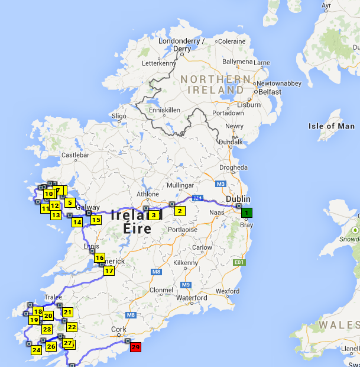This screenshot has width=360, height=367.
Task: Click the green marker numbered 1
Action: tap(247, 213)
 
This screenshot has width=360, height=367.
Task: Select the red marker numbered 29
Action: tap(135, 347)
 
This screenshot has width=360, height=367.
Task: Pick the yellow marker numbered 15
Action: tap(96, 220)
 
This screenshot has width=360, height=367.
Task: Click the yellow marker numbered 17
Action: tap(109, 271)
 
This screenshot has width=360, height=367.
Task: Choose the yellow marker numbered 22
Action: tap(72, 327)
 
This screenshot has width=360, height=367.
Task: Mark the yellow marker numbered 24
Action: tap(37, 350)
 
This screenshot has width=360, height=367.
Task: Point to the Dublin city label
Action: tap(239, 199)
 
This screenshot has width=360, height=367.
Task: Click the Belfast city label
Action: tap(270, 92)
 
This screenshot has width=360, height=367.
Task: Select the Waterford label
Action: tap(192, 298)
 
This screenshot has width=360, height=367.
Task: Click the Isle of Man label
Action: tap(332, 126)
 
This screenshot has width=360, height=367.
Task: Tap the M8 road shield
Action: tap(156, 272)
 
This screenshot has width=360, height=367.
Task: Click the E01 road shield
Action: tap(239, 262)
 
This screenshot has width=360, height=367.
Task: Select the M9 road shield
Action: tap(186, 285)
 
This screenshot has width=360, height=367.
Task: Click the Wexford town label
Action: tap(227, 291)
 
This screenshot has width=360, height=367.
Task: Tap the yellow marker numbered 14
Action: tap(77, 223)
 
